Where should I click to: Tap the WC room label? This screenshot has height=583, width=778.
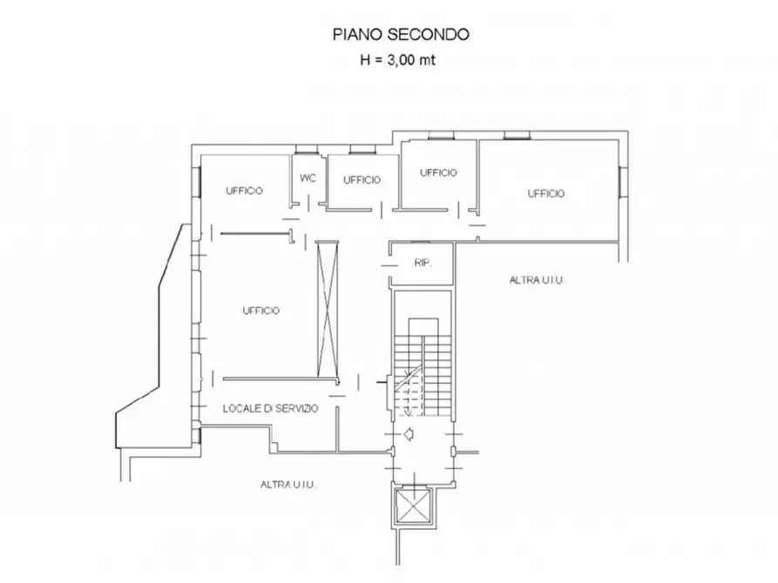[308, 178]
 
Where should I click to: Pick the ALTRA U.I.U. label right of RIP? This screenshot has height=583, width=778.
[538, 280]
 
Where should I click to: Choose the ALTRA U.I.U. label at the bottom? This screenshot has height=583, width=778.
[288, 485]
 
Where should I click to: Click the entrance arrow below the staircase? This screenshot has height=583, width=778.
[408, 434]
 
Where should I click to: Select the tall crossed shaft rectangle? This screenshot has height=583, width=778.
[328, 305]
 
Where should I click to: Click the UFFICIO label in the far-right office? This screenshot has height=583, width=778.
[546, 193]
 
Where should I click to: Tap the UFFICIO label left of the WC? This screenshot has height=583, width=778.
[245, 191]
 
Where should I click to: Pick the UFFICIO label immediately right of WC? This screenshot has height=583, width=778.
[362, 180]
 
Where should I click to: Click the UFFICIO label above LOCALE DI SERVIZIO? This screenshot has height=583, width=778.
[261, 310]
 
